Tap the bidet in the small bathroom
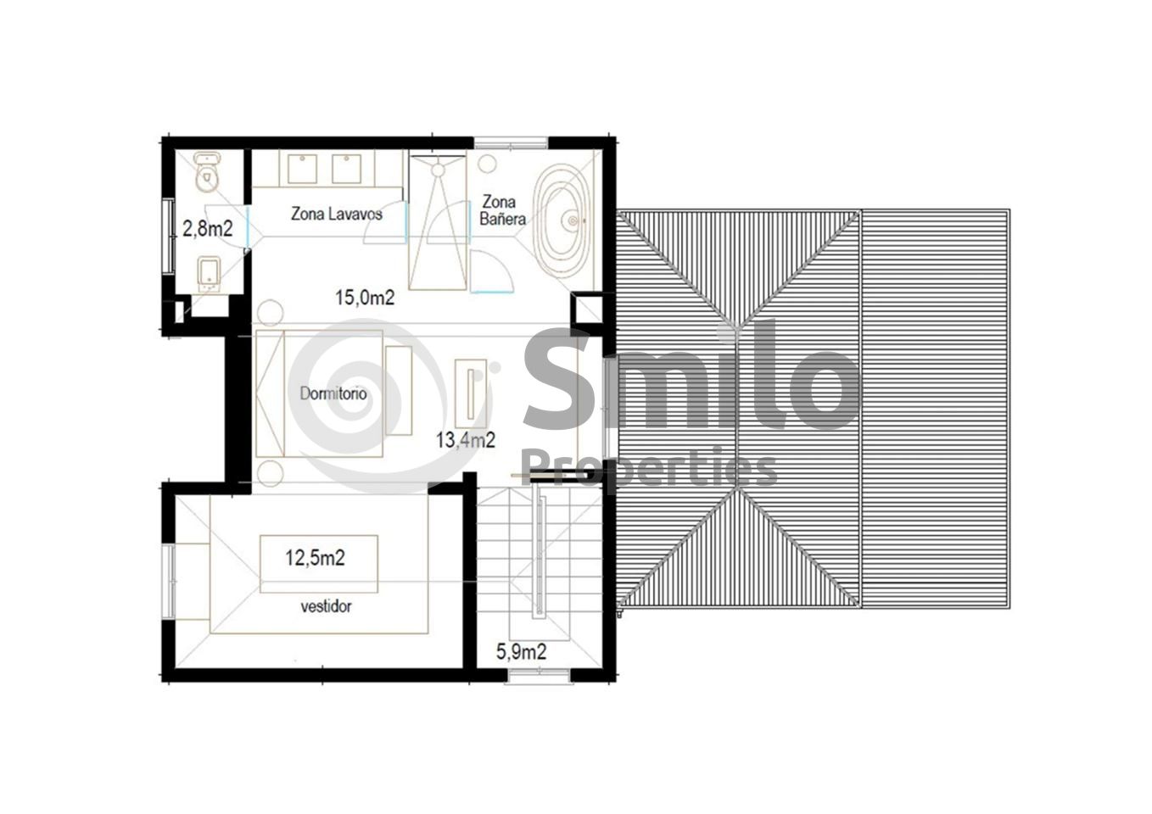209,273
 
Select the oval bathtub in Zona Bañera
562,221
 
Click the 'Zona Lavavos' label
337,214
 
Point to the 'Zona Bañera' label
502,210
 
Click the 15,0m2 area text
365,298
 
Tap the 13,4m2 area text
466,440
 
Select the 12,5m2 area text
316,558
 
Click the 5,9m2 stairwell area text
521,652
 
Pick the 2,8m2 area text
208,229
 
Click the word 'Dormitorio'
333,393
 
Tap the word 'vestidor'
326,606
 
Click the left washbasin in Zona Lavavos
302,169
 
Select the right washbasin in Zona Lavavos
346,169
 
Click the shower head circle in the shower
438,170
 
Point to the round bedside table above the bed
270,312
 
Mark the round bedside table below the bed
270,473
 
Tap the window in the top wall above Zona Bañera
511,142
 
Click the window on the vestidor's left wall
168,581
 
